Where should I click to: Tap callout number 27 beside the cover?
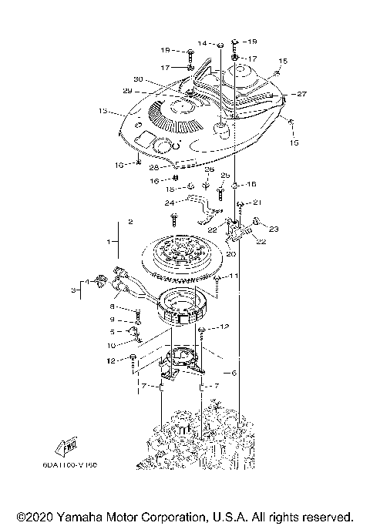click(x=301, y=94)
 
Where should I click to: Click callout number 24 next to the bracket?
click(x=170, y=203)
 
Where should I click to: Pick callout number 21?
click(x=257, y=202)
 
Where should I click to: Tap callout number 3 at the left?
click(x=76, y=290)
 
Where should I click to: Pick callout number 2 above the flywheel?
click(x=130, y=221)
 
